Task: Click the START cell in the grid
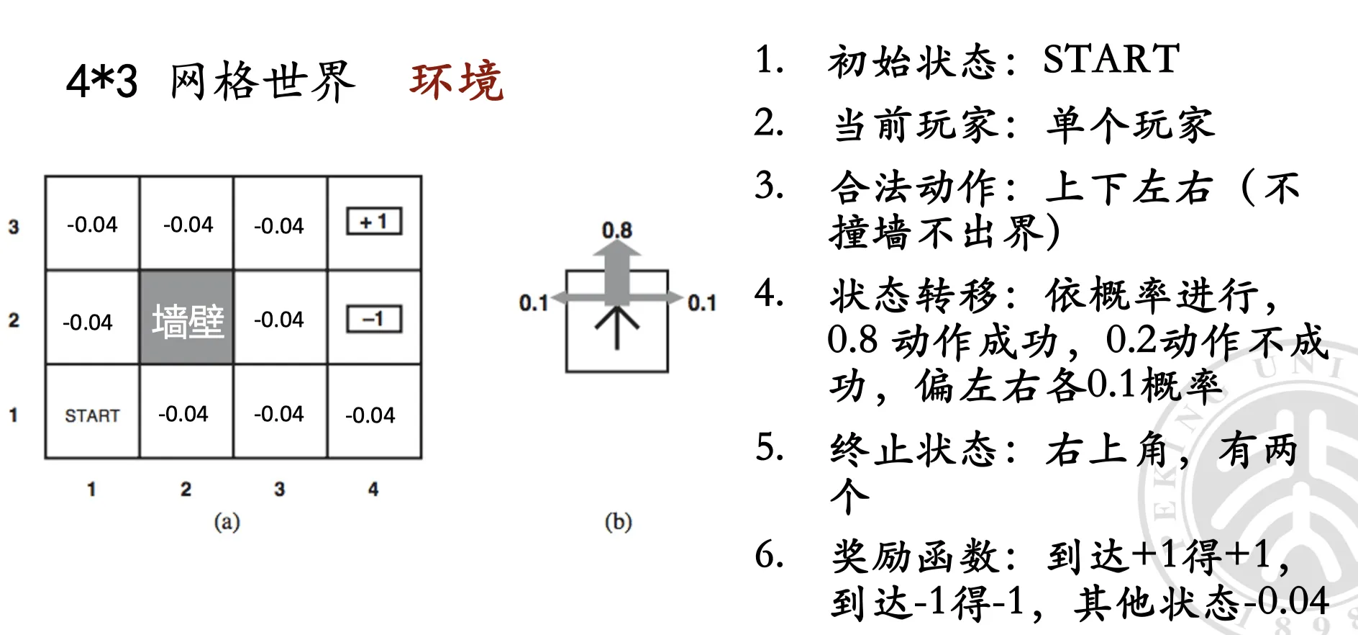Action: click(x=92, y=412)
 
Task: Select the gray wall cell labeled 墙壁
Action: click(x=186, y=317)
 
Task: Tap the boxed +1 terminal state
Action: click(x=374, y=221)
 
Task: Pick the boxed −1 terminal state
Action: click(x=374, y=319)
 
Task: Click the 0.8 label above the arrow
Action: click(x=616, y=230)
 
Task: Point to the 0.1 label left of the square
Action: click(x=534, y=303)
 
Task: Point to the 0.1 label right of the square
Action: click(x=702, y=303)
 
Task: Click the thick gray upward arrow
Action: click(x=616, y=272)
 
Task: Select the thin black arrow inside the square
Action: click(x=616, y=328)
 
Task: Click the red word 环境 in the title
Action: click(x=457, y=81)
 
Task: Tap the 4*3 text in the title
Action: click(x=101, y=81)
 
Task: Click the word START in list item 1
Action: click(x=1111, y=59)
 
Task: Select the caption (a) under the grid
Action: click(x=227, y=521)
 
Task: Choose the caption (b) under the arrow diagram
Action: click(x=618, y=521)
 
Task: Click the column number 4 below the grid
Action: click(x=373, y=490)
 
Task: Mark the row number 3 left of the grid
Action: click(x=14, y=227)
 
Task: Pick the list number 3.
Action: click(x=769, y=186)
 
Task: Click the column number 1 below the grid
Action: click(x=91, y=490)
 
